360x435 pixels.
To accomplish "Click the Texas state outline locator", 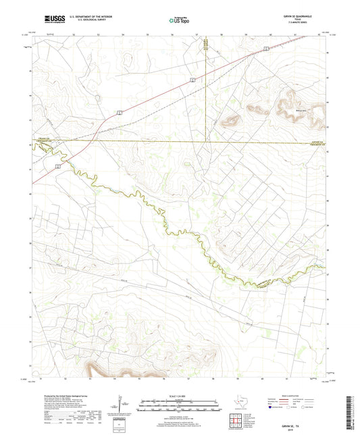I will (240, 405).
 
